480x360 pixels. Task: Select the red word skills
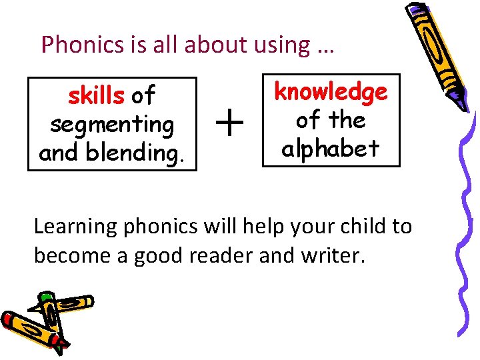[96, 96]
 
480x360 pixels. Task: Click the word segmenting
[112, 124]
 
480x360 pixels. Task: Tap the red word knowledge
[331, 92]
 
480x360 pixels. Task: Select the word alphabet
[331, 148]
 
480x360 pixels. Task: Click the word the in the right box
[347, 120]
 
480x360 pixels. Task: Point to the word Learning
[75, 227]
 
